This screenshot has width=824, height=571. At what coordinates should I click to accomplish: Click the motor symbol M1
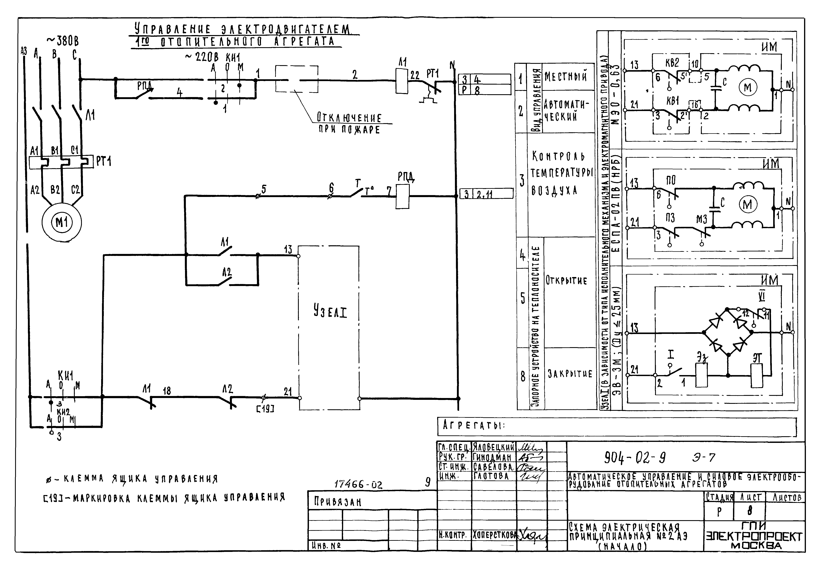[61, 223]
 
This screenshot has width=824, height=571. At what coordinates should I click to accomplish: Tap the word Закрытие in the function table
[570, 374]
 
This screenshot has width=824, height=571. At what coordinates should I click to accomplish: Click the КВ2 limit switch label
[672, 63]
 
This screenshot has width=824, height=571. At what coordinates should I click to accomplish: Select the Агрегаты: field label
[474, 425]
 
